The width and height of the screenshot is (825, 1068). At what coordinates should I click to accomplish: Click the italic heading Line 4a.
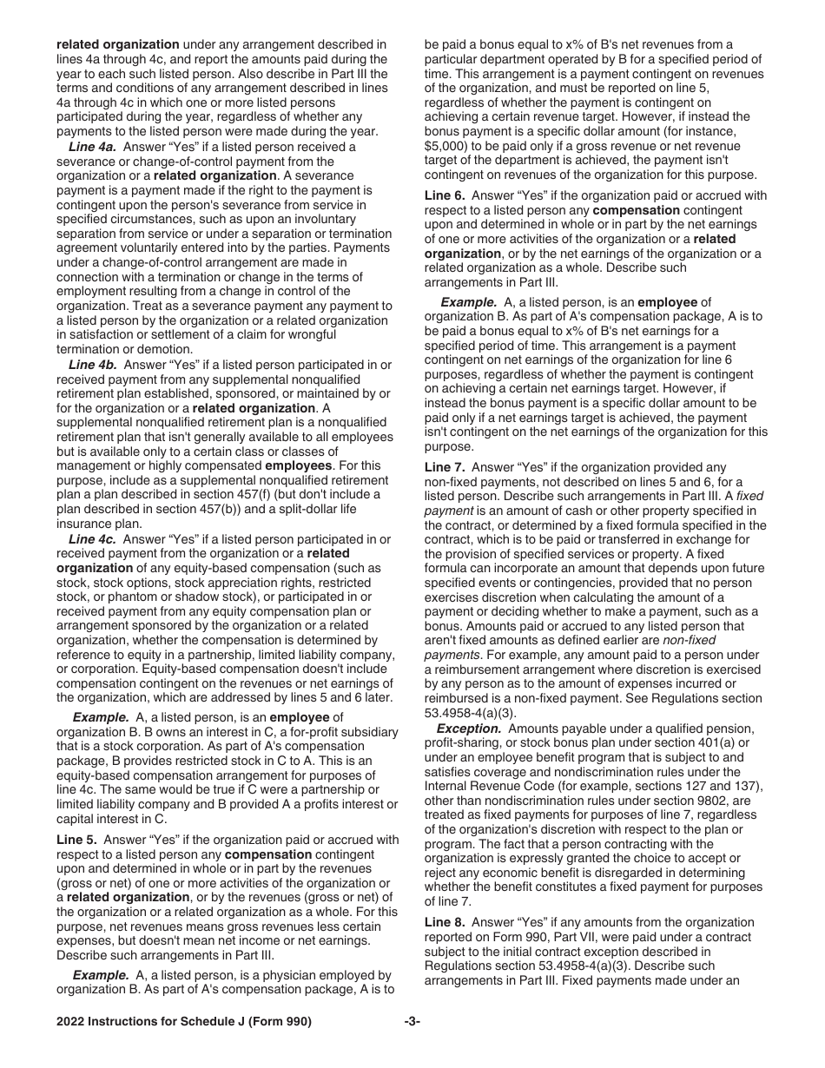pos(92,147)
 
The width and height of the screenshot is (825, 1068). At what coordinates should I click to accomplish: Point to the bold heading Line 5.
pos(76,840)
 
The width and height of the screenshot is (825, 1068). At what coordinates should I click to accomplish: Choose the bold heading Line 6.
pos(445,196)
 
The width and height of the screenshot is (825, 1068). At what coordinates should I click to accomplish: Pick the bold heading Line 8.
pos(445,921)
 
